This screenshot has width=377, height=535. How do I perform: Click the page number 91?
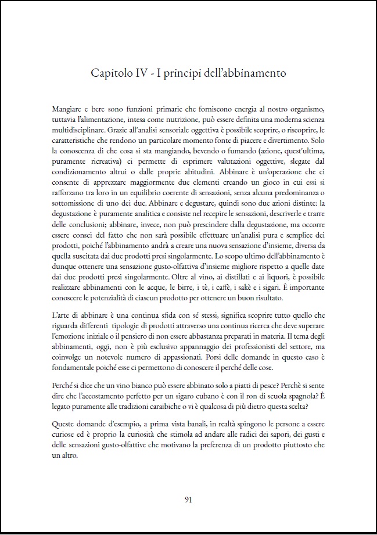tap(188, 498)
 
